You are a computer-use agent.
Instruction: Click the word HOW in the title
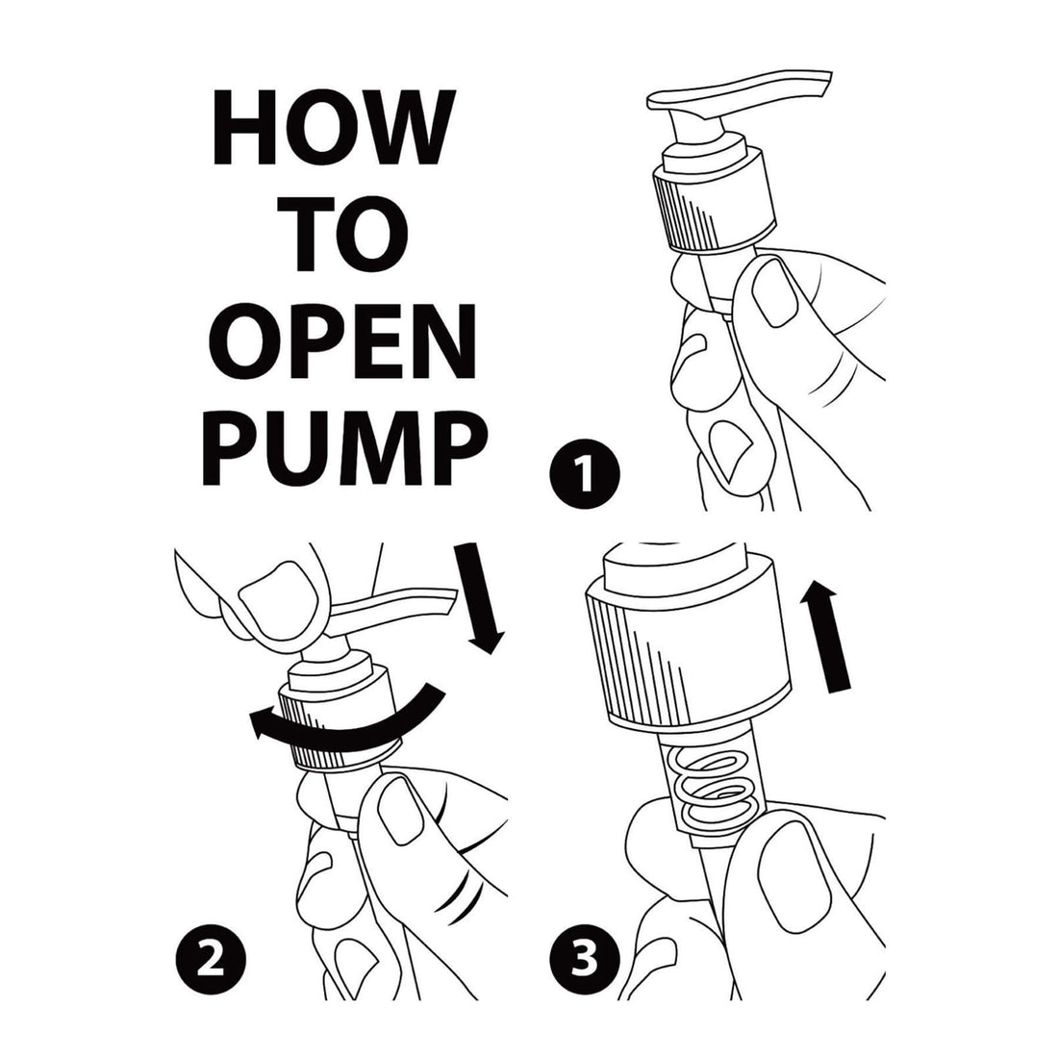pos(330,127)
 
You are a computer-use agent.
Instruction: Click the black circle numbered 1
pos(585,473)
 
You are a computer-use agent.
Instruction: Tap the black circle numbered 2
pos(211,959)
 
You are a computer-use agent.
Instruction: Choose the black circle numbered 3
pos(585,959)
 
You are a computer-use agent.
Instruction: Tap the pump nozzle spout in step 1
pos(739,92)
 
